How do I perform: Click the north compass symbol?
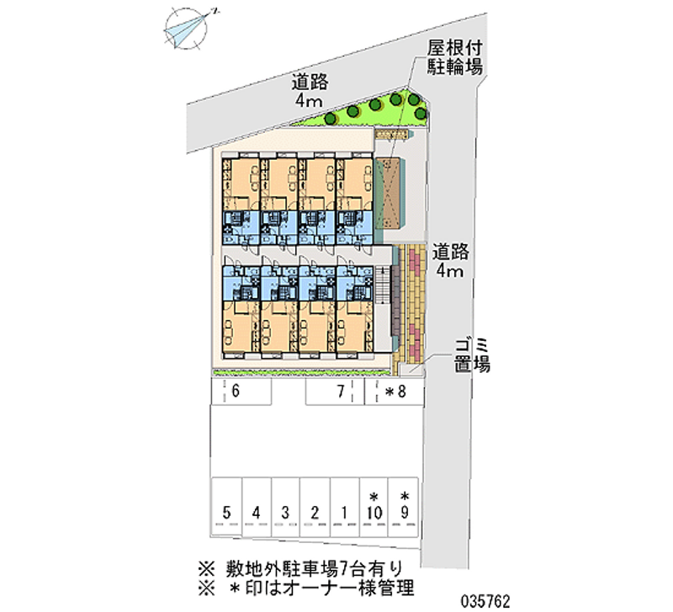pos(188,28)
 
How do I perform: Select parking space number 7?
pos(335,391)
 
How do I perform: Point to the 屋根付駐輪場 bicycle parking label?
pos(453,58)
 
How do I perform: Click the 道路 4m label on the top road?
pos(309,91)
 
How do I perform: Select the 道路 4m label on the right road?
pos(448,260)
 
